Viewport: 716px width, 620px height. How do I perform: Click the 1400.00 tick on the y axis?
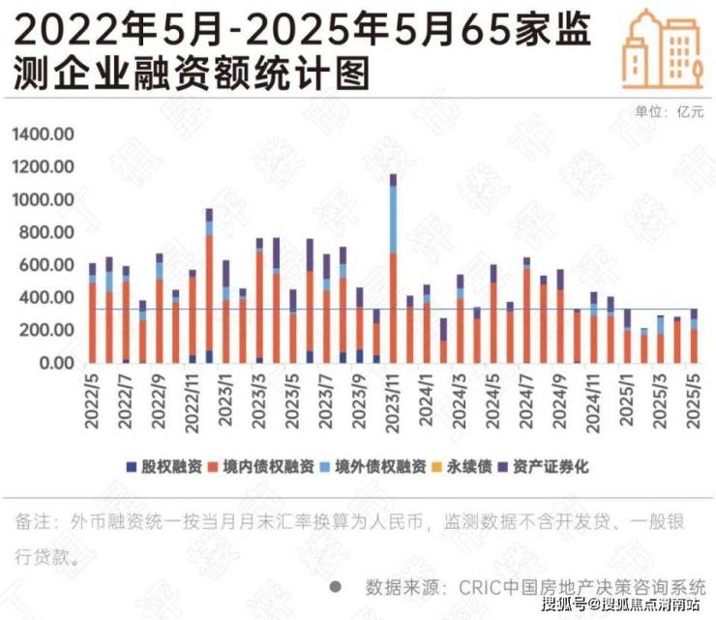point(43,133)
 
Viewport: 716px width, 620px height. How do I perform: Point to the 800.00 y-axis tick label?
point(45,232)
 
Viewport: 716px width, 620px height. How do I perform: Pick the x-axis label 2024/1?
point(425,399)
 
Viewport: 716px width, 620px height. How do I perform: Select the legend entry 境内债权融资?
point(269,467)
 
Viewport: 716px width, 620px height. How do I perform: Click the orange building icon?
point(665,48)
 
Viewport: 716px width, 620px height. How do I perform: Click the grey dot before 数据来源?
point(335,586)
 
